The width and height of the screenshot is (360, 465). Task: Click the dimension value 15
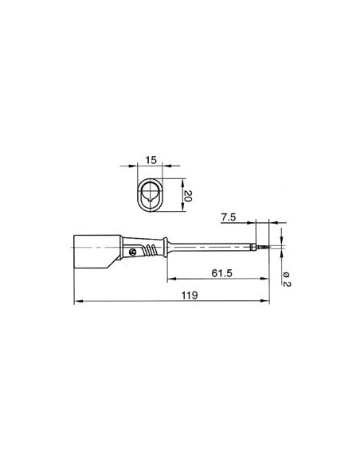151,160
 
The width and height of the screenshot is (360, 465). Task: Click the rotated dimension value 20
188,196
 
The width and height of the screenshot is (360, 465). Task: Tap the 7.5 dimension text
229,217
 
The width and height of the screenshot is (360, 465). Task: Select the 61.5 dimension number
221,273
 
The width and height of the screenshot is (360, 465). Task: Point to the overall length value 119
190,295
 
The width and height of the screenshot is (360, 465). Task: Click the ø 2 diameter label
287,279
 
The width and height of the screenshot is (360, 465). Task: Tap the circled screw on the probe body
132,252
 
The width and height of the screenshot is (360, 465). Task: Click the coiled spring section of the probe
151,250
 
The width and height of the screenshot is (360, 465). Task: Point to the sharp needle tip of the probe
268,247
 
